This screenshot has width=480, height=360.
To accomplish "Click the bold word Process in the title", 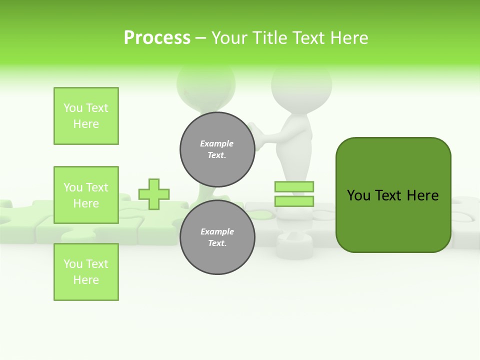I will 157,38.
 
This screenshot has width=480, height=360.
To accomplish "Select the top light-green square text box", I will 86,116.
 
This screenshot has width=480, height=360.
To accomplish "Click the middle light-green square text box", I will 86,195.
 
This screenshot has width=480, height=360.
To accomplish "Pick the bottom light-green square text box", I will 86,272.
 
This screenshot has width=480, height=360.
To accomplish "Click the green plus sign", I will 154,194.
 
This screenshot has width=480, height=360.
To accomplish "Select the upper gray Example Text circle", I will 217,149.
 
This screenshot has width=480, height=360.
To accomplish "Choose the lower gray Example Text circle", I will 217,237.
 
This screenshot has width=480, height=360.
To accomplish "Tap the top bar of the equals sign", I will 294,186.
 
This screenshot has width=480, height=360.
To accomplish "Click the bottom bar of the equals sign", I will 294,201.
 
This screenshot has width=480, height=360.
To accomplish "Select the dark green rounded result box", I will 393,195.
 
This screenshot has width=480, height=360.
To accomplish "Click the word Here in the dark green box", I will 422,195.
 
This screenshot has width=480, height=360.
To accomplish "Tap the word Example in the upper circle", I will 217,143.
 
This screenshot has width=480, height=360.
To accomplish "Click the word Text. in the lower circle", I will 217,243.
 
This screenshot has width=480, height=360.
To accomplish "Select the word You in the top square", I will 73,108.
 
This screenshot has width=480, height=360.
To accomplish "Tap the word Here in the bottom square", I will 86,280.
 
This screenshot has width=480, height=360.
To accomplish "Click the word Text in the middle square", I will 96,187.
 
